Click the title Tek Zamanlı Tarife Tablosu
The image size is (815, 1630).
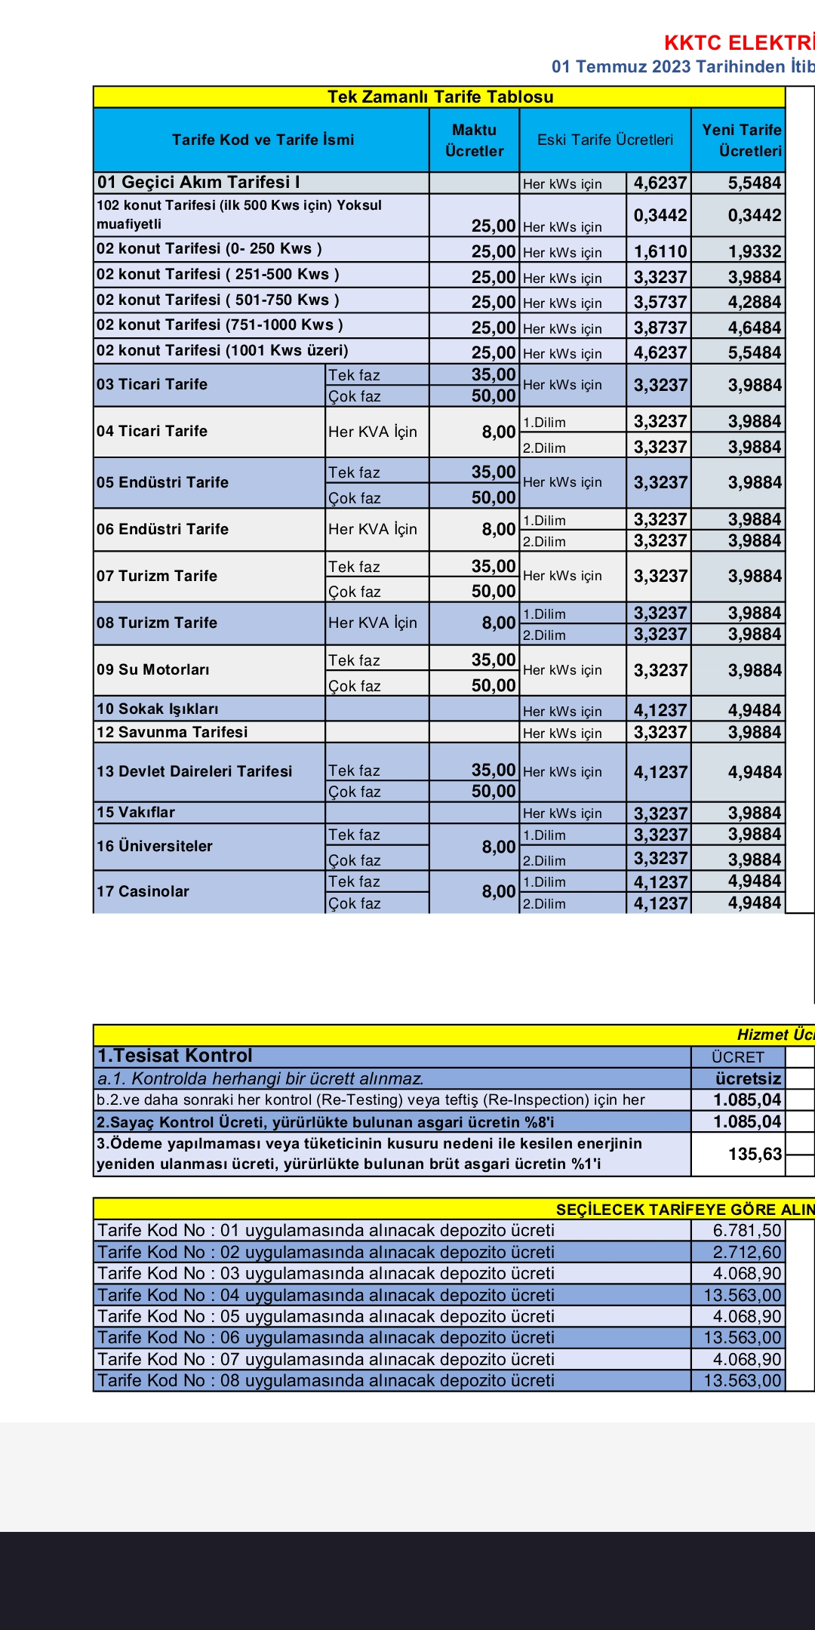click(440, 97)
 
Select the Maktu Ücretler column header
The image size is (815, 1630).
click(474, 140)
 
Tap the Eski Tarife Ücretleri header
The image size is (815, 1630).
click(604, 140)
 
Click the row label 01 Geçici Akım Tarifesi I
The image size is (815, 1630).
click(198, 183)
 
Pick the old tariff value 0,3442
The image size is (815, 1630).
click(660, 215)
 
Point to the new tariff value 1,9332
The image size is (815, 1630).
click(754, 251)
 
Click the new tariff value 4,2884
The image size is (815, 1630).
click(754, 302)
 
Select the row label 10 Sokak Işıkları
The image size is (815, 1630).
click(158, 709)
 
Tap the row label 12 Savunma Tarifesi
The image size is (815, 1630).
click(172, 732)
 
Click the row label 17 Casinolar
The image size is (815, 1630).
click(143, 891)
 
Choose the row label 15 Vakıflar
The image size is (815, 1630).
click(136, 812)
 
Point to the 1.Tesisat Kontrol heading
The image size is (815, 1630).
click(175, 1056)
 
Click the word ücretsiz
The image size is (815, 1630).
click(748, 1078)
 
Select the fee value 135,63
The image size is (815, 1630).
click(754, 1154)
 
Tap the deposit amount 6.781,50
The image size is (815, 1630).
click(746, 1230)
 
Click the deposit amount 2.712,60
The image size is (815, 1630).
click(746, 1252)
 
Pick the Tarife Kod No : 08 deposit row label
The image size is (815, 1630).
click(326, 1380)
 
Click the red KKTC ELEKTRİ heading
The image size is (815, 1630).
click(738, 42)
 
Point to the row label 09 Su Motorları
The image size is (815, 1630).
click(153, 669)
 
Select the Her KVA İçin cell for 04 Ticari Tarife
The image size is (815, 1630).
click(372, 432)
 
